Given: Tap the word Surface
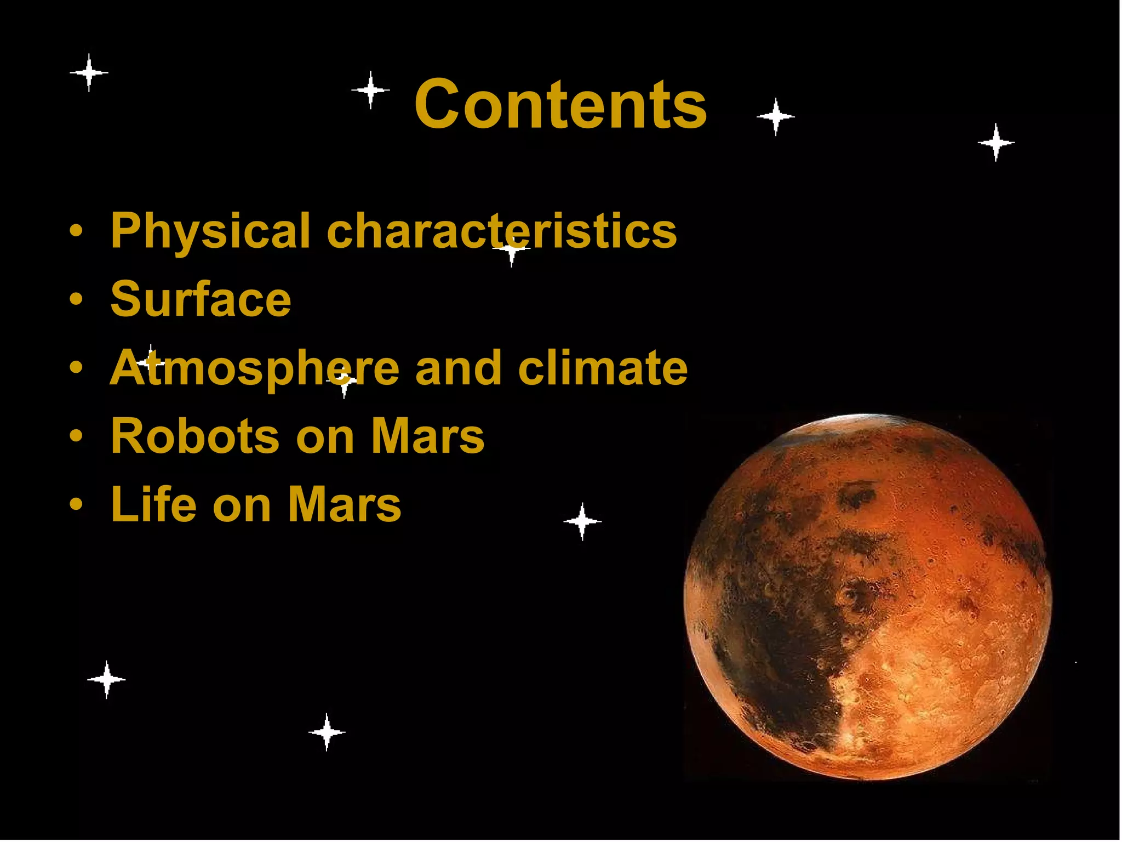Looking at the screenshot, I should coord(201,299).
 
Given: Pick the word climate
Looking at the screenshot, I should coord(603,367).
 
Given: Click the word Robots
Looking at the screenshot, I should coord(194,436).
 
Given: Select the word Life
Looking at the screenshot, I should coord(153,504).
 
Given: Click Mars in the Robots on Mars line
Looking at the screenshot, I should coord(427,436).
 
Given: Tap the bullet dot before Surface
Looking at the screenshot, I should coord(76,300).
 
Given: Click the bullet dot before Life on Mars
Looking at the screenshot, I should coord(76,505).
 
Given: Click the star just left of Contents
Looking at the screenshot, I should coord(371,89).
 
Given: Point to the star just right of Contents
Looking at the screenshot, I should coord(775,116).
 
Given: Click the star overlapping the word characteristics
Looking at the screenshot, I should coord(511,249).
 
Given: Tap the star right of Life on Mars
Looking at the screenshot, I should coord(582,521).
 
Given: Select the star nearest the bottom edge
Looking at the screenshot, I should coord(327,732).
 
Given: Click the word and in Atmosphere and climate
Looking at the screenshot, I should coord(458,368).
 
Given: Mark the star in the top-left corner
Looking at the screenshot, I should coord(89,72).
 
